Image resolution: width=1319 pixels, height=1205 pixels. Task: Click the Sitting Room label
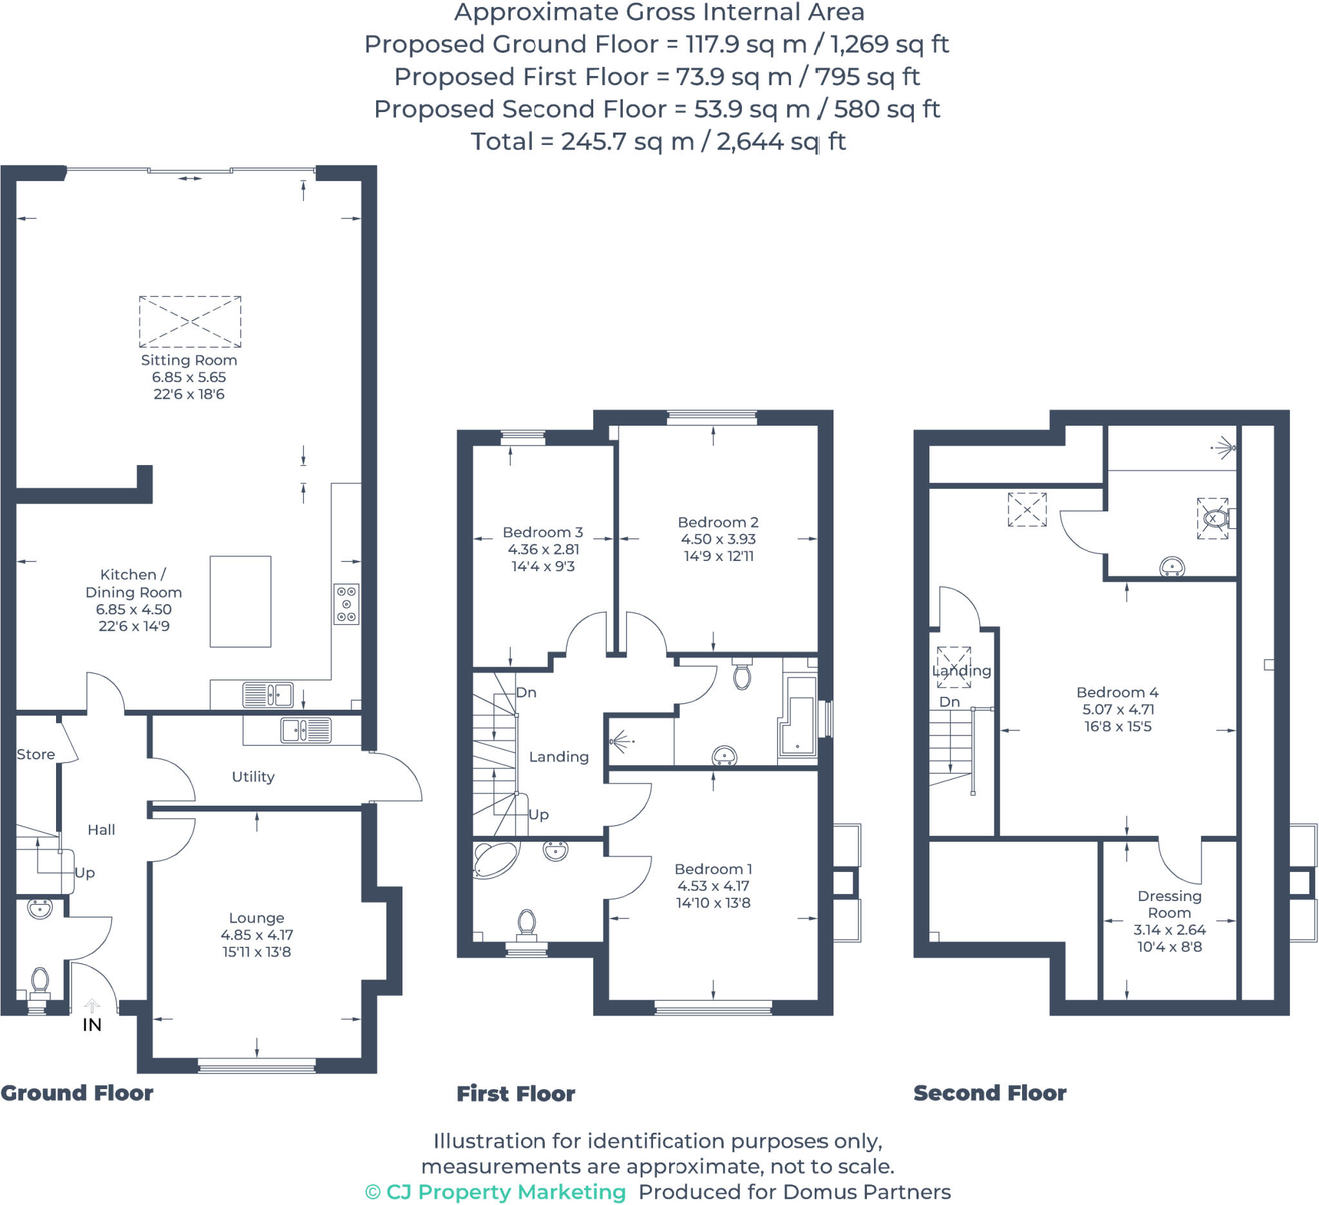[x=189, y=360]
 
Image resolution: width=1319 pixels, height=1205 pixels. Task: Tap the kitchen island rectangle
[x=240, y=601]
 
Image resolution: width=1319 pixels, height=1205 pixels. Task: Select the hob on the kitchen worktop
[x=346, y=604]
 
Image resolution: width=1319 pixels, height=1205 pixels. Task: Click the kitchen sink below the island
[x=267, y=695]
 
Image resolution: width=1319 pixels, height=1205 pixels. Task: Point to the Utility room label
[x=253, y=777]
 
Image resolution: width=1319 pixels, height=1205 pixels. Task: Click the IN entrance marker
[x=91, y=1025]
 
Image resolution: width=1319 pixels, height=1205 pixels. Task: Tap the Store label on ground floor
[x=35, y=754]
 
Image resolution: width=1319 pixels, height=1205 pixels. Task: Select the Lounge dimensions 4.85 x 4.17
[x=256, y=935]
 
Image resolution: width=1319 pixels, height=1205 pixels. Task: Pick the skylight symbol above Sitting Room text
[x=190, y=321]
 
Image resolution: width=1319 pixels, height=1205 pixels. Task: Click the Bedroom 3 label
[x=542, y=532]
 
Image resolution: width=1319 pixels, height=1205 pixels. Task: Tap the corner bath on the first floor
[x=495, y=859]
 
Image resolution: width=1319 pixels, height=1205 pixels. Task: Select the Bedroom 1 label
[x=713, y=869]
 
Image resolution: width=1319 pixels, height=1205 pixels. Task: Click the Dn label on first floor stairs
[x=526, y=692]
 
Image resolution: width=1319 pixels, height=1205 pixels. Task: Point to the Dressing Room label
[x=1169, y=904]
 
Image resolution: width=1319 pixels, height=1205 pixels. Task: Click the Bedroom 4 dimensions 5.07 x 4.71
[x=1117, y=709]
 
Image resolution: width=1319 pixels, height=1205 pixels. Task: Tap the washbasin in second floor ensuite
[x=1172, y=566]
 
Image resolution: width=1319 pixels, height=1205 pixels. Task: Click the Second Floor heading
[x=989, y=1093]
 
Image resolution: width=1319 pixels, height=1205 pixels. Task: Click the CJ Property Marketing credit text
[x=495, y=1192]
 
